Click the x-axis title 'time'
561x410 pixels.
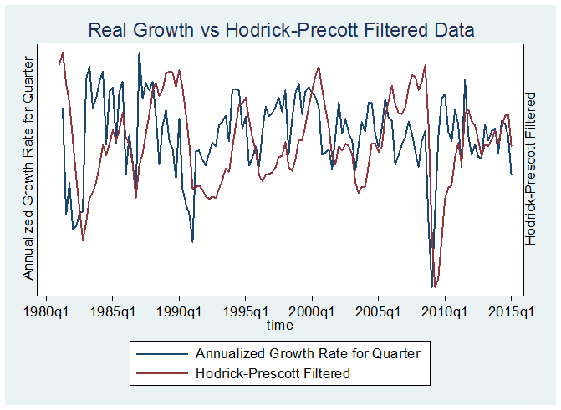pyautogui.click(x=279, y=324)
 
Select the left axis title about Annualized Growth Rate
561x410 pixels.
pyautogui.click(x=28, y=168)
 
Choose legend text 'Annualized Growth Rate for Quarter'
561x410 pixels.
pyautogui.click(x=307, y=352)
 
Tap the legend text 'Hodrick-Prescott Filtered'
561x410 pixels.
pyautogui.click(x=272, y=372)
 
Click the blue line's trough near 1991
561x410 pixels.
pyautogui.click(x=192, y=242)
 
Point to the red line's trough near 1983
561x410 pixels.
pyautogui.click(x=83, y=240)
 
